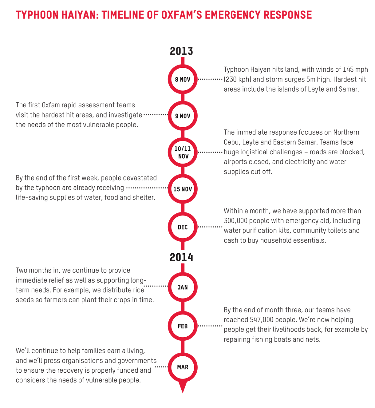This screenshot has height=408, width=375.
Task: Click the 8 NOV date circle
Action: pyautogui.click(x=183, y=79)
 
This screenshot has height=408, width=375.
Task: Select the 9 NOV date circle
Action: pyautogui.click(x=183, y=116)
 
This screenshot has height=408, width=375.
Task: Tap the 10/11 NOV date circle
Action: pyautogui.click(x=183, y=152)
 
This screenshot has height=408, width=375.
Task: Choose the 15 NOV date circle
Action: pyautogui.click(x=183, y=189)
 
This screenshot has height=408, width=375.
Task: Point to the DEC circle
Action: pyautogui.click(x=183, y=227)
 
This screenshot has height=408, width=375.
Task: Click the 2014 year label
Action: pyautogui.click(x=181, y=257)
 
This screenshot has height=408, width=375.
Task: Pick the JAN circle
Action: pyautogui.click(x=183, y=287)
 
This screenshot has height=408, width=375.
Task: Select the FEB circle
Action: pyautogui.click(x=183, y=326)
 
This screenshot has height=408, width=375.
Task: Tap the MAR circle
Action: pyautogui.click(x=183, y=367)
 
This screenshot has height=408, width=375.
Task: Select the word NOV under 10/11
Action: pyautogui.click(x=184, y=156)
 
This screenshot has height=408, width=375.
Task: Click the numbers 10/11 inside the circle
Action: pyautogui.click(x=183, y=149)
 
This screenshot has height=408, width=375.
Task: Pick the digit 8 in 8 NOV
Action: pyautogui.click(x=177, y=79)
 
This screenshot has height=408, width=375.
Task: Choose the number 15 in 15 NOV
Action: pyautogui.click(x=176, y=189)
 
